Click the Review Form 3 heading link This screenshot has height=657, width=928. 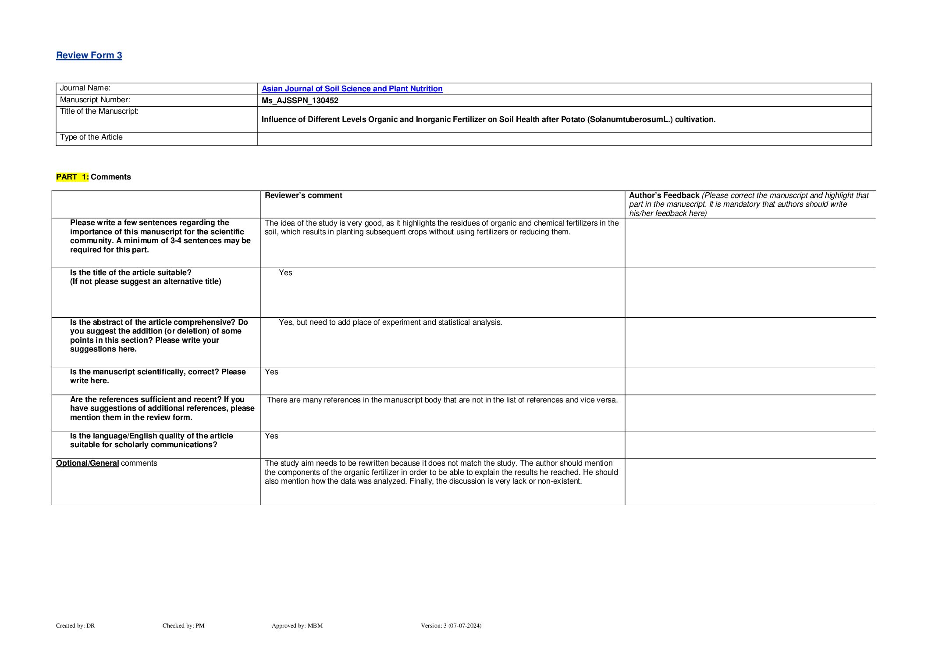click(x=89, y=55)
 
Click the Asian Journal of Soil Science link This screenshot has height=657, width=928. click(x=352, y=89)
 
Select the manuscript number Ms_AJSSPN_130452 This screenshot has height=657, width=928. click(x=300, y=101)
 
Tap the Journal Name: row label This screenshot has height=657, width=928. click(x=85, y=88)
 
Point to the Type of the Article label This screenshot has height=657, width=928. click(x=91, y=137)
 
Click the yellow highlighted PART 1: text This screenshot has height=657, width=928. click(x=72, y=177)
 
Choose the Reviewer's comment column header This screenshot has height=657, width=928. click(x=303, y=195)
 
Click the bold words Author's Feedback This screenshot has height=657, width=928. click(x=664, y=195)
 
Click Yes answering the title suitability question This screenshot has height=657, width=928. click(x=285, y=273)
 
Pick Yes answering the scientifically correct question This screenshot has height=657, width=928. click(x=271, y=372)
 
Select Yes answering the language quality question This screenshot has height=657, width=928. click(x=271, y=436)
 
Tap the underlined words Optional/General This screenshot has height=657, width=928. click(x=88, y=463)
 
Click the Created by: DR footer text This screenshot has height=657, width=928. click(x=75, y=625)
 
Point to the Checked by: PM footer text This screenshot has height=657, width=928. click(x=183, y=625)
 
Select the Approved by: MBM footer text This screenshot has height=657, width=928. click(x=297, y=625)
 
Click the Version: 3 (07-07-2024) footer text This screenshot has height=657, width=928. click(x=451, y=625)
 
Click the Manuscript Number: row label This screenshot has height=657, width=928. click(x=95, y=100)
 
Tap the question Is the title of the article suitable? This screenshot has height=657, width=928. click(x=131, y=273)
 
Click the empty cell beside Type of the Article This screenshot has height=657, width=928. click(x=564, y=139)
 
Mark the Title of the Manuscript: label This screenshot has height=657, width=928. click(x=99, y=111)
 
